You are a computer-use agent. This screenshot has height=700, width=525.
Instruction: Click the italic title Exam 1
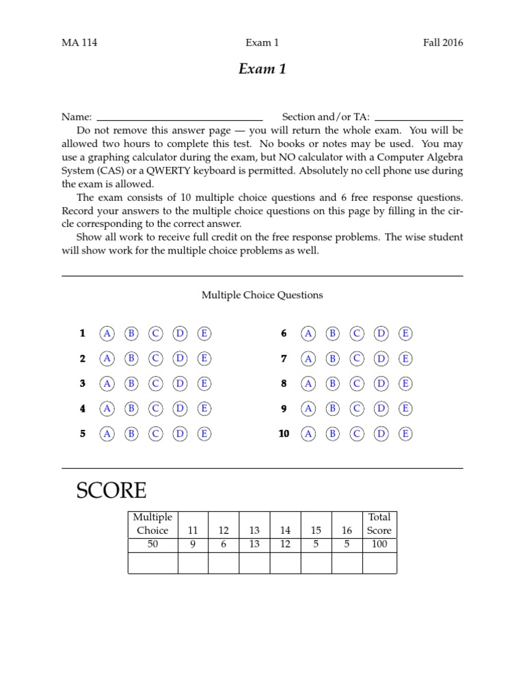pyautogui.click(x=262, y=70)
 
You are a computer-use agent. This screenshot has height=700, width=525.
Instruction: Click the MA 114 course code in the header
pyautogui.click(x=79, y=42)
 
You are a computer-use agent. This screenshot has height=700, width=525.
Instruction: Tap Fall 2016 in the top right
pyautogui.click(x=443, y=42)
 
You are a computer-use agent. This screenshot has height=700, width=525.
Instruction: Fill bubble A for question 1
pyautogui.click(x=107, y=334)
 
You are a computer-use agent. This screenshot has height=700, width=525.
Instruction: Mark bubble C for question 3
pyautogui.click(x=156, y=383)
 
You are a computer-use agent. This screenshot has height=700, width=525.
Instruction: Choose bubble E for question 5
pyautogui.click(x=204, y=433)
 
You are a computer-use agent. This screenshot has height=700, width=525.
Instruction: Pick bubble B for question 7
pyautogui.click(x=332, y=359)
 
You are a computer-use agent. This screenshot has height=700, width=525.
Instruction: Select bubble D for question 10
pyautogui.click(x=381, y=433)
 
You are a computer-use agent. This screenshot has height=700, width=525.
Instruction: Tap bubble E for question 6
pyautogui.click(x=405, y=334)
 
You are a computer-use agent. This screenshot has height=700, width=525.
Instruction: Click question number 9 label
pyautogui.click(x=284, y=409)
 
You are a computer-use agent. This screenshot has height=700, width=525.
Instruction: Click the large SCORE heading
pyautogui.click(x=111, y=490)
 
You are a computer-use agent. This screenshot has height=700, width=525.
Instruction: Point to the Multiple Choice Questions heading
pyautogui.click(x=262, y=295)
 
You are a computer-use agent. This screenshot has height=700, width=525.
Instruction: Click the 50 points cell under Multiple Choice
pyautogui.click(x=152, y=544)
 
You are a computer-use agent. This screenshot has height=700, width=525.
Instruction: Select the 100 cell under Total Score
pyautogui.click(x=379, y=544)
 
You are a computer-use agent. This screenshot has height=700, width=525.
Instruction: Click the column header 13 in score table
pyautogui.click(x=254, y=530)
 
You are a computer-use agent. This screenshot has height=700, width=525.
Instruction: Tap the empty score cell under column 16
pyautogui.click(x=347, y=563)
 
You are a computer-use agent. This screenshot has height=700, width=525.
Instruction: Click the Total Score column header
pyautogui.click(x=379, y=524)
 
